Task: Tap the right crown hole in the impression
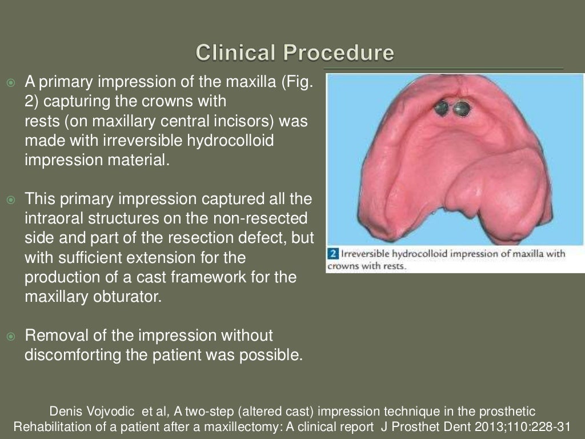(x=462, y=108)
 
